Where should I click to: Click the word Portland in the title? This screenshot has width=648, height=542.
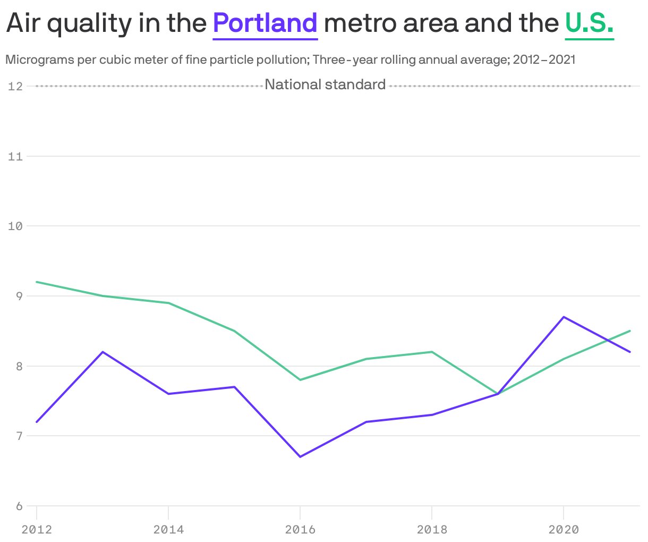[x=265, y=23]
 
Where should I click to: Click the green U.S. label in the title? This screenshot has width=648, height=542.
[x=590, y=23]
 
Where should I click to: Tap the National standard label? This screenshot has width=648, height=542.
[x=325, y=84]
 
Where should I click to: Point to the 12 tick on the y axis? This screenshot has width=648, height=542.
[x=15, y=86]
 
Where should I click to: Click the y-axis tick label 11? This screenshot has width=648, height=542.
[x=15, y=156]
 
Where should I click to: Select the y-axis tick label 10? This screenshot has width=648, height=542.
[x=15, y=226]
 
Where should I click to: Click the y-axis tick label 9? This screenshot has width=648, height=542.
[x=19, y=296]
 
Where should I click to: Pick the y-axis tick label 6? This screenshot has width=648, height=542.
[x=19, y=506]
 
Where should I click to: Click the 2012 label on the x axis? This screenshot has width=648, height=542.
[x=37, y=529]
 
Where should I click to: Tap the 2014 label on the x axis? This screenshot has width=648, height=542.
[x=168, y=529]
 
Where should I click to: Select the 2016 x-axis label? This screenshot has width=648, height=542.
[x=300, y=529]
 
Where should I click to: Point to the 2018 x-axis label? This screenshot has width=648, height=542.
[x=432, y=529]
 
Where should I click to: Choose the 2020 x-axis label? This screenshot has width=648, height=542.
[x=564, y=529]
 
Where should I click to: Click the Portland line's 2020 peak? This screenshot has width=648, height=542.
[x=564, y=317]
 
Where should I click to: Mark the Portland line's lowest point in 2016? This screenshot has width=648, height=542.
[x=300, y=456]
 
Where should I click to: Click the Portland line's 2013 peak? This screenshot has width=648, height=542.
[x=103, y=352]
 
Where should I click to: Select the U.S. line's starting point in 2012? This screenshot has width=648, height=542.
[x=37, y=282]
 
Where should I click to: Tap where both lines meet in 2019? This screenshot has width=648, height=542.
[x=498, y=394]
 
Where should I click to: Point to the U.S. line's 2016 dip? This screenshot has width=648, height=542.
[x=300, y=380]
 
